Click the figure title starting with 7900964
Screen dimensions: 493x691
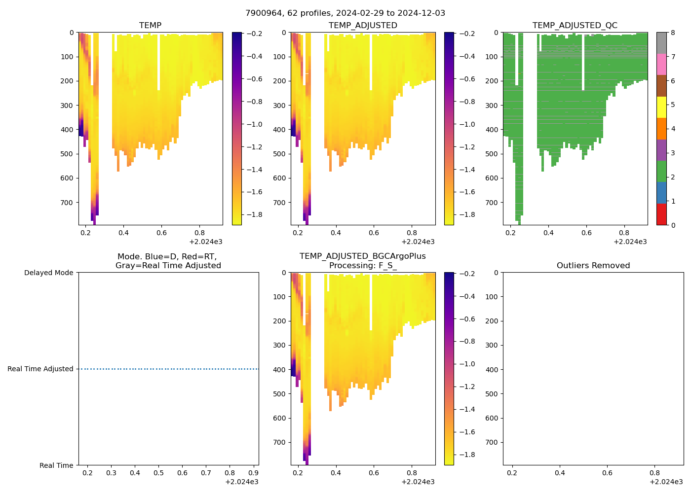tap(345, 13)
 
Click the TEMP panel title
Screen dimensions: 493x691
tap(150, 26)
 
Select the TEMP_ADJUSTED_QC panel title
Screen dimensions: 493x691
tap(575, 26)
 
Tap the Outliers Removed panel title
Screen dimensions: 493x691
tap(593, 266)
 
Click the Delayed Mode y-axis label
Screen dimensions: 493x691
tap(48, 273)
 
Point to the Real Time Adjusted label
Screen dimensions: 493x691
tap(40, 369)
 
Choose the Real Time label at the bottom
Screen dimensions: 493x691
tap(56, 465)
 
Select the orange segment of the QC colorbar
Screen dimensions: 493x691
tap(661, 129)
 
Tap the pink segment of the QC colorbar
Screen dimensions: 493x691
tap(661, 65)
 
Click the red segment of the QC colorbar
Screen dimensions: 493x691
tap(661, 214)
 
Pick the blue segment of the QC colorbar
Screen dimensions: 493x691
tap(661, 193)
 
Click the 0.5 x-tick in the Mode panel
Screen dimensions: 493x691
tap(158, 473)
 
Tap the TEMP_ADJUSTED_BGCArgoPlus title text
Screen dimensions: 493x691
tap(362, 256)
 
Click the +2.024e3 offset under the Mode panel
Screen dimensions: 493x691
tap(241, 482)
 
